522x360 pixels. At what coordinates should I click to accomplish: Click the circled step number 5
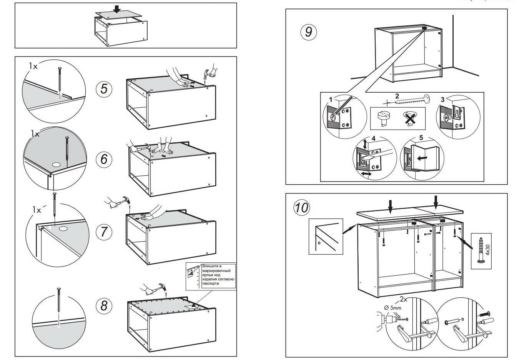pos(104,89)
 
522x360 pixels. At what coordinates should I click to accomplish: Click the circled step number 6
pos(104,159)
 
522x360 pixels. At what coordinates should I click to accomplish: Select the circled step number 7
pos(104,232)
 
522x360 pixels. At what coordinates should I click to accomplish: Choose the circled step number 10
pos(302,208)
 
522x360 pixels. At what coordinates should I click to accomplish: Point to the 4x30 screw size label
pos(487,249)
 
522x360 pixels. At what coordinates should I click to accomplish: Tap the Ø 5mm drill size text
pos(392,307)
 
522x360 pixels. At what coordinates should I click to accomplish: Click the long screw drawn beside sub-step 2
pos(407,100)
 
